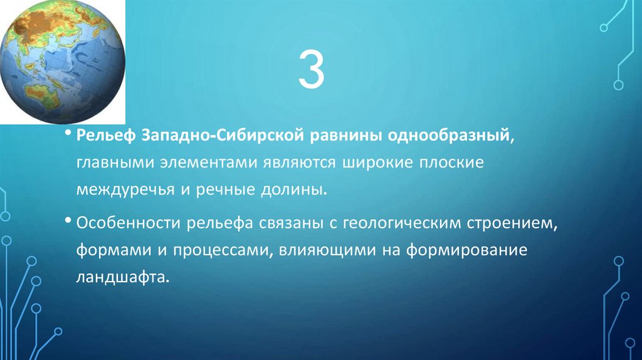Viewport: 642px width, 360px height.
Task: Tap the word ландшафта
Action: tap(124, 276)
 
